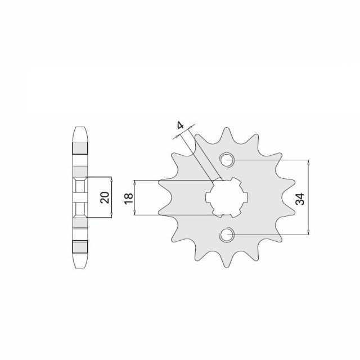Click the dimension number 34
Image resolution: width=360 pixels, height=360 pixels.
pyautogui.click(x=300, y=199)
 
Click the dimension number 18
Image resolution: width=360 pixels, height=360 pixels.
pyautogui.click(x=129, y=199)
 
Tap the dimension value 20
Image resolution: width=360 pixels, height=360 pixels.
pyautogui.click(x=105, y=197)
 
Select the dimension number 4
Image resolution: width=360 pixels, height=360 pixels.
pyautogui.click(x=181, y=125)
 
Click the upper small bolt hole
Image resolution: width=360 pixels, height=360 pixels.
pyautogui.click(x=227, y=160)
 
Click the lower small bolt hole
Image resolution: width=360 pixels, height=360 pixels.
pyautogui.click(x=227, y=235)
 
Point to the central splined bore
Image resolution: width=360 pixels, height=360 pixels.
pyautogui.click(x=227, y=197)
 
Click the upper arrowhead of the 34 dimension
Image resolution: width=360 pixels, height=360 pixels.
pyautogui.click(x=308, y=162)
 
